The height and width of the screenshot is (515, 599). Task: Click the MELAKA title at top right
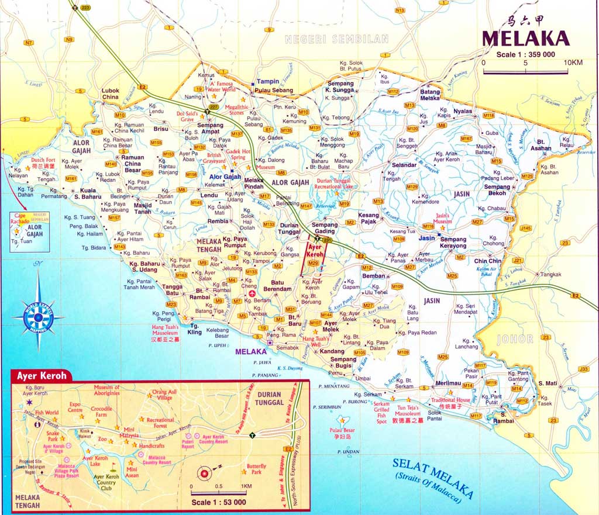525,39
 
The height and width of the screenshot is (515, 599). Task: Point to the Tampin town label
268,81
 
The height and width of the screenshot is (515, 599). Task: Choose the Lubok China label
110,94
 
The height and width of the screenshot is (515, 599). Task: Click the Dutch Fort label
43,160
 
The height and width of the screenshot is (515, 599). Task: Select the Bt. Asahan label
541,145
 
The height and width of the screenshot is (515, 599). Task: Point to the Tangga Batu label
173,290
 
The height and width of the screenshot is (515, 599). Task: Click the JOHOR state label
515,338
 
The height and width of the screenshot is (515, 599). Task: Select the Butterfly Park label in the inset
256,469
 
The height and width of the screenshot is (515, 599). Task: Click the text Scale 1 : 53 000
218,502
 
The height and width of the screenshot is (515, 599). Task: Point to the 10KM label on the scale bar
573,63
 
